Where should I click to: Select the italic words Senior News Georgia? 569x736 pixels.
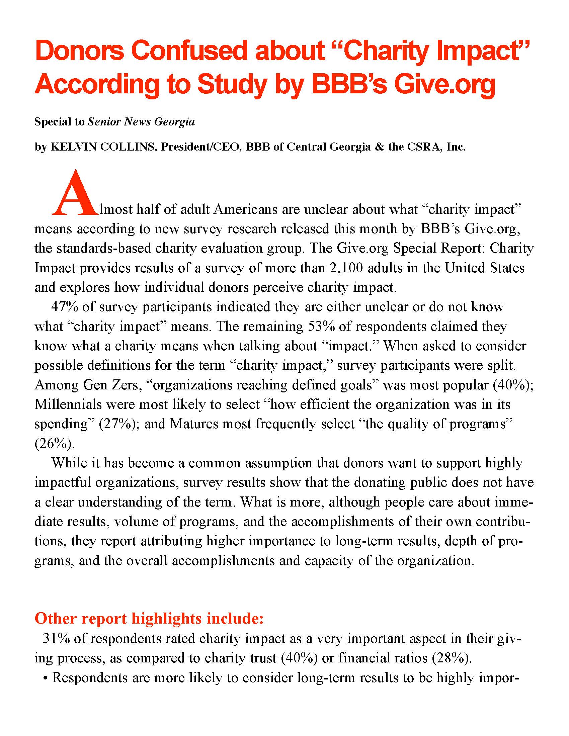141,122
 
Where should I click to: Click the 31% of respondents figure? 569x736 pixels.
56,639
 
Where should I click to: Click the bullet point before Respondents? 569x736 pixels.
45,678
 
